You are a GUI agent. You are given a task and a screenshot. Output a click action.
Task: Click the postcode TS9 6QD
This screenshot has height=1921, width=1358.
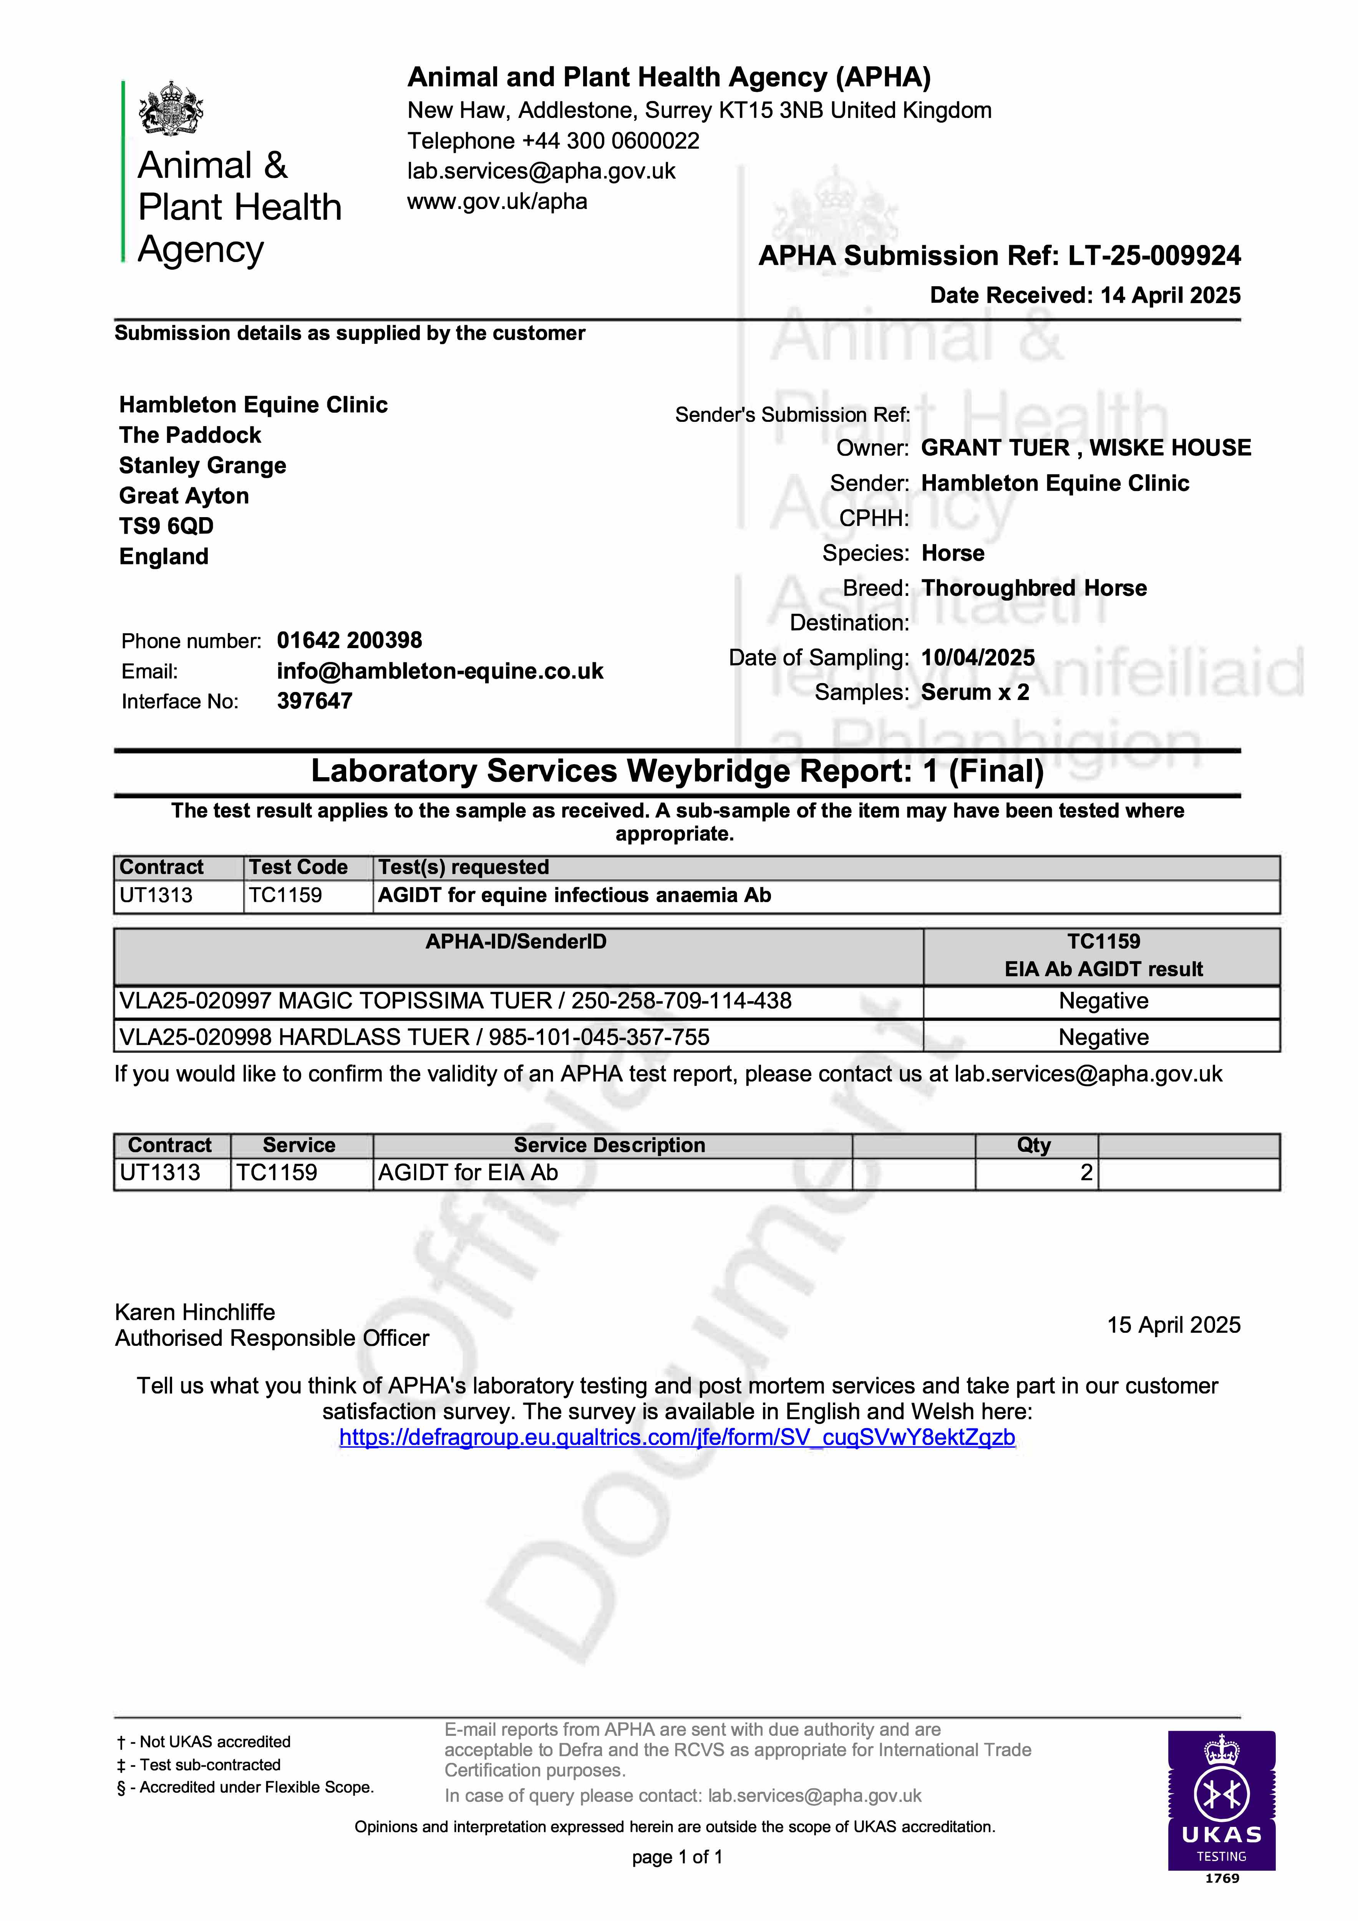tap(166, 526)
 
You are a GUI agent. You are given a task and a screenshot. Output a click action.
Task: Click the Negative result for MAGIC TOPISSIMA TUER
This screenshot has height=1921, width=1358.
tap(1103, 1002)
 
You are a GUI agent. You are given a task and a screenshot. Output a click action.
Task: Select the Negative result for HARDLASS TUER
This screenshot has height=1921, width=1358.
tap(1103, 1037)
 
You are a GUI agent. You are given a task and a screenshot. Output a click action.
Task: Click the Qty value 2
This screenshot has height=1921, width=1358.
tap(1085, 1173)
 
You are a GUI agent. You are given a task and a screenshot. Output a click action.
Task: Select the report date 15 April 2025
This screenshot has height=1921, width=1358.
tap(1173, 1325)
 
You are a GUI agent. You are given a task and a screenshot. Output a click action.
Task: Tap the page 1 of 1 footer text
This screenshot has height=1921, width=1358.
tap(677, 1857)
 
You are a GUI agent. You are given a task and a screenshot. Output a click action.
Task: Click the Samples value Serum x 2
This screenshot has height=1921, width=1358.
tap(975, 693)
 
